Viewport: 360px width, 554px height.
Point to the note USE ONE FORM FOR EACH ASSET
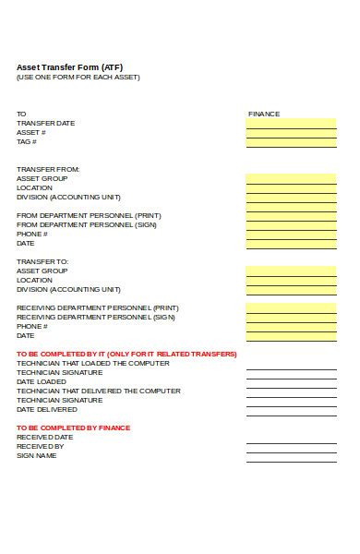(x=78, y=77)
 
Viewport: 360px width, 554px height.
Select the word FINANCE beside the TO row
(x=264, y=114)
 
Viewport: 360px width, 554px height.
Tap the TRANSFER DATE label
(x=46, y=123)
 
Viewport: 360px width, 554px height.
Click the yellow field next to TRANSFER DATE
(x=291, y=123)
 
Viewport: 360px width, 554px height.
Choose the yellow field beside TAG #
(x=291, y=141)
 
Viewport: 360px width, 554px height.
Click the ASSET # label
(x=31, y=132)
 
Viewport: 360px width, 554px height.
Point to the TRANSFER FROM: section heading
(x=49, y=169)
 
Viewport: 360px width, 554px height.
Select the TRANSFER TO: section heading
(x=43, y=261)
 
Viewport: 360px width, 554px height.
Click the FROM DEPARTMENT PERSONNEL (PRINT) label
(x=89, y=215)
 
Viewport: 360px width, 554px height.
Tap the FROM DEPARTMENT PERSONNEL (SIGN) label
(x=87, y=224)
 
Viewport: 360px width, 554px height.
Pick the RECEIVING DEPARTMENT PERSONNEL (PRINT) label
(x=98, y=307)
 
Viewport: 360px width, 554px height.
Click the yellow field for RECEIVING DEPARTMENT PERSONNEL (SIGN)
(x=291, y=317)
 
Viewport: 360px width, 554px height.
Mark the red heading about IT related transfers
(x=126, y=354)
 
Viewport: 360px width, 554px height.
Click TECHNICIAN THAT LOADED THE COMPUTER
(x=92, y=363)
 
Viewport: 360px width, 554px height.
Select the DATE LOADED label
(x=42, y=381)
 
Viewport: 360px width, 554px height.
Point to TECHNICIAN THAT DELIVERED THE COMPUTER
(x=99, y=391)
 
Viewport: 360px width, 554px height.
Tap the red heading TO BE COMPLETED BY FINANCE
(x=74, y=428)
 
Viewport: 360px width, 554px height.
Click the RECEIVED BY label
(x=41, y=446)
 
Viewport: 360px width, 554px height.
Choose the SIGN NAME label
(x=38, y=455)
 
